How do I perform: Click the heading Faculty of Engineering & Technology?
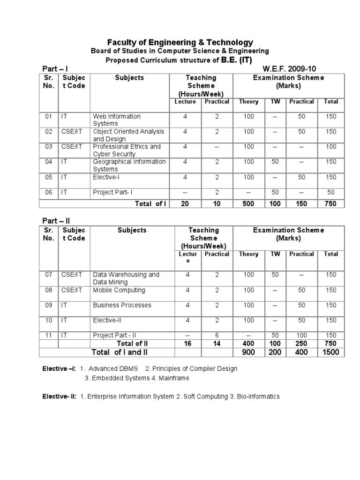(x=180, y=42)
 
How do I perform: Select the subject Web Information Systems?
(x=117, y=120)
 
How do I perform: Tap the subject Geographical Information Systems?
(x=129, y=165)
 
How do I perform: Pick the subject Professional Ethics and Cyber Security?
(x=127, y=150)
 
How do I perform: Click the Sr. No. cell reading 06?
(x=49, y=192)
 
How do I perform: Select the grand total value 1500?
(x=331, y=352)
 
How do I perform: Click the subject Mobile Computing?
(x=119, y=290)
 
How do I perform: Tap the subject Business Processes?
(x=122, y=305)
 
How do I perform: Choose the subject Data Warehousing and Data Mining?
(x=126, y=278)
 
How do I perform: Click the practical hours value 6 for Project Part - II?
(x=217, y=335)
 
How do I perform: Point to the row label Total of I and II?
(x=119, y=352)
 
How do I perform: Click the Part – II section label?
(x=56, y=220)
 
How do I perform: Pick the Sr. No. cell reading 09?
(x=49, y=305)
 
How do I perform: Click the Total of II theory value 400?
(x=248, y=344)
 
